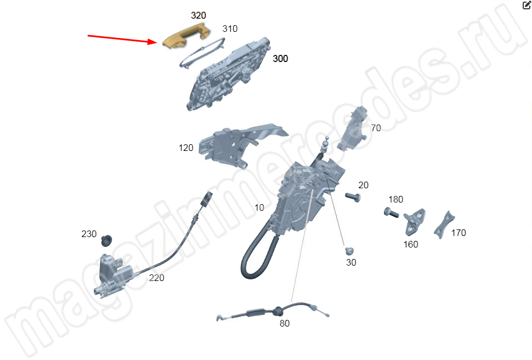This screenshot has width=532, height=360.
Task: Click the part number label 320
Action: pos(199,15)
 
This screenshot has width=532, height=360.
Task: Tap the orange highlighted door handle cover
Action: pos(186,35)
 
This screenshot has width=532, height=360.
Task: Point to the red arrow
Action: pos(122,39)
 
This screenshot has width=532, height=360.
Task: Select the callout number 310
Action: pos(230,29)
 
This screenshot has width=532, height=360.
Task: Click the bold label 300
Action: pos(281,59)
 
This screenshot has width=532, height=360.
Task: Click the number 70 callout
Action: pos(376,128)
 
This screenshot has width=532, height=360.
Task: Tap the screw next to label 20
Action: pos(353,197)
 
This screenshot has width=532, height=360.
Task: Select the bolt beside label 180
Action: pos(391,212)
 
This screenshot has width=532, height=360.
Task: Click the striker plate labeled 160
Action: pos(414,222)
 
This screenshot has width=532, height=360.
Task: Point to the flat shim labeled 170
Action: pos(444,225)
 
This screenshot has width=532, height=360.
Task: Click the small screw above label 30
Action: pos(349,251)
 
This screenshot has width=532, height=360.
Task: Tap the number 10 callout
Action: pos(259,207)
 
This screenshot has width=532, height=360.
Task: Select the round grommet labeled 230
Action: pos(106,240)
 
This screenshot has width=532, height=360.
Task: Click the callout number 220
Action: pos(156,278)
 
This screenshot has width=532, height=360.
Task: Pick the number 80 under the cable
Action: pos(285,324)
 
